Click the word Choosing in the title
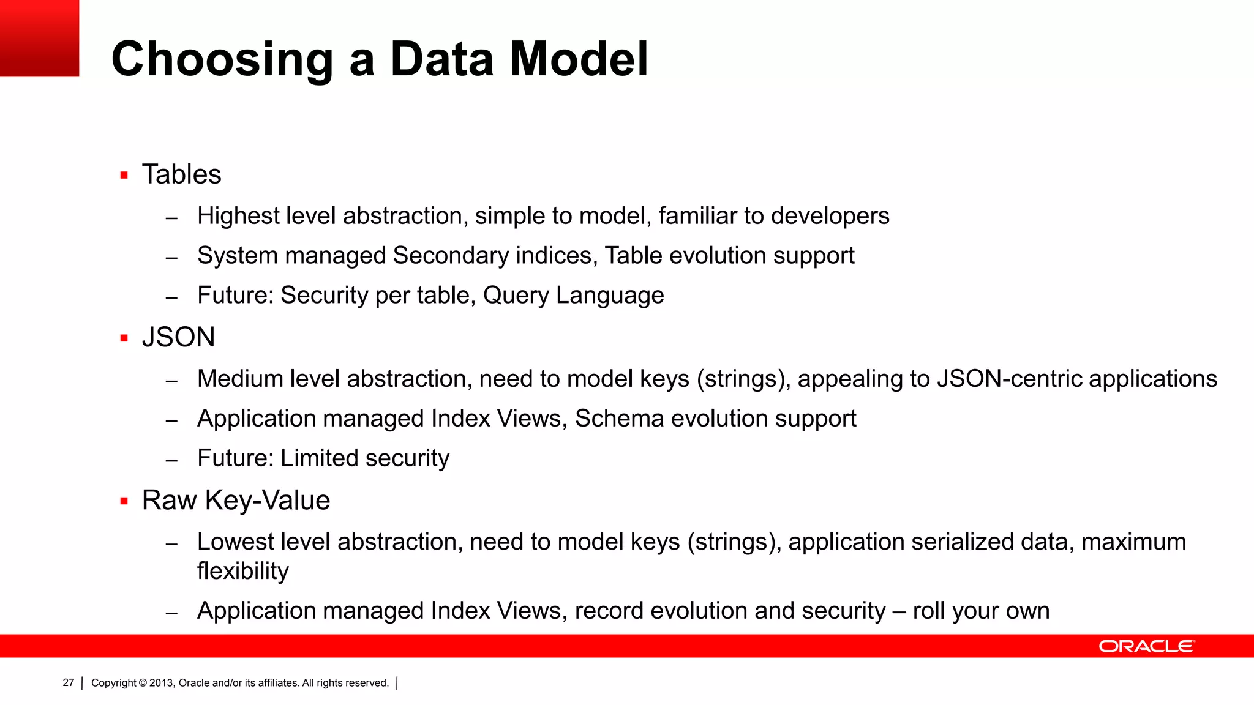pos(222,59)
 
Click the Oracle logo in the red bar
pos(1146,646)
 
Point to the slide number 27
pos(68,682)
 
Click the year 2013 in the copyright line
pos(162,683)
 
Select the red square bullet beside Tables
pos(124,176)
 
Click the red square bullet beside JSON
pos(124,338)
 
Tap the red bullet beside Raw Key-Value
pos(124,501)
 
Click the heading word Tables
pos(181,174)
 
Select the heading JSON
pos(178,337)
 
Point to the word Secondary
pos(451,256)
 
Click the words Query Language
pos(573,296)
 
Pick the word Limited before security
pos(318,458)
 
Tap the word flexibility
pos(242,571)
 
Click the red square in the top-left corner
pos(39,38)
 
